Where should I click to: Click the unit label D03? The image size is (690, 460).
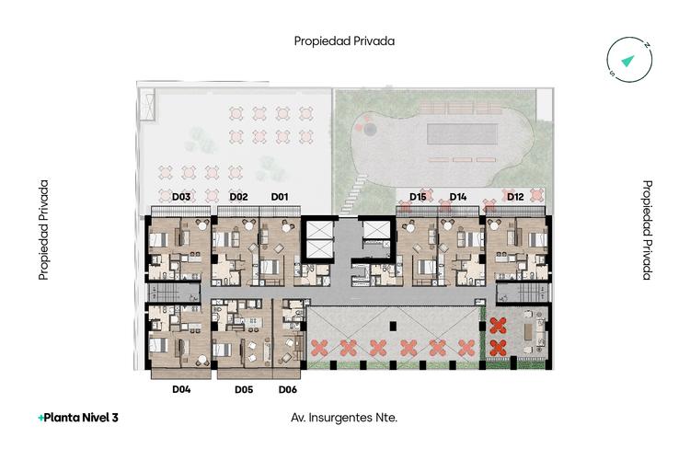(181, 197)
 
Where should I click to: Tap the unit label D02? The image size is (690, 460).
(238, 197)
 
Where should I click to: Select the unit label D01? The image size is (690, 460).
(280, 197)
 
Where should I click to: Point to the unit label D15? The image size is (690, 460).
(418, 197)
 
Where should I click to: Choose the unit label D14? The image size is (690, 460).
(457, 197)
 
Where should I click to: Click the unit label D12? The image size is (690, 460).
(515, 197)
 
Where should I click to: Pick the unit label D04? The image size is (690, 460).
(181, 389)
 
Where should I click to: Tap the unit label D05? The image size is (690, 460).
(244, 389)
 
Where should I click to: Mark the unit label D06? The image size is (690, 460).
(288, 389)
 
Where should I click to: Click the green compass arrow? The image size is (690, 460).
(627, 61)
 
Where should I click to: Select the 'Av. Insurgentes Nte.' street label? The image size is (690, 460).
(344, 418)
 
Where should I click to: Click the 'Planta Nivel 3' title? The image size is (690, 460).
(81, 418)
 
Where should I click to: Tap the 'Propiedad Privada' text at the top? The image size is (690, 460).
(344, 41)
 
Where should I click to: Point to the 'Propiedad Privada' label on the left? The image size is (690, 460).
(43, 230)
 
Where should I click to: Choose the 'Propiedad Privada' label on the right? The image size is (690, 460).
(647, 230)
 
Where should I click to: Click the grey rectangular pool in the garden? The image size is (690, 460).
(462, 133)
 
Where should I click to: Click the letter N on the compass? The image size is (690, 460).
(647, 45)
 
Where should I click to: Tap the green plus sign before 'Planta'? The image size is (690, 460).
(40, 419)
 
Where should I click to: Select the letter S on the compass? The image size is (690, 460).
(612, 73)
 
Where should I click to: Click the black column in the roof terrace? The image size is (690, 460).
(393, 326)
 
